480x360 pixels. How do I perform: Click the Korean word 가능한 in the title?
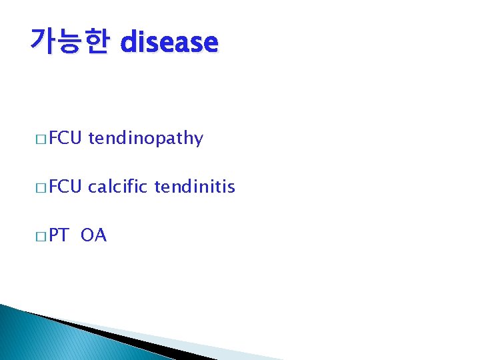69,42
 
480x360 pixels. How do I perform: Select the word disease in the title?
169,43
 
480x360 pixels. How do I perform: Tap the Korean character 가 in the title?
43,42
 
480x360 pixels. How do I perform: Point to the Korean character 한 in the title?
95,42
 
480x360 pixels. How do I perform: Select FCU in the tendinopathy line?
65,138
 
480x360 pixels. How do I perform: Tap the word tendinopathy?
145,139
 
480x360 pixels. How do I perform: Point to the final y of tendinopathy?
198,141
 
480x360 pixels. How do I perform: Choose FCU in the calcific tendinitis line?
65,187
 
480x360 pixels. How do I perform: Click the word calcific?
118,187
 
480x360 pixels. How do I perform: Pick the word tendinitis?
195,187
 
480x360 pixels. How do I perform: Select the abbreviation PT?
59,236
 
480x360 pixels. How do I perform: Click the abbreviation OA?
93,236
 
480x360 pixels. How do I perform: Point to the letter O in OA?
88,236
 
